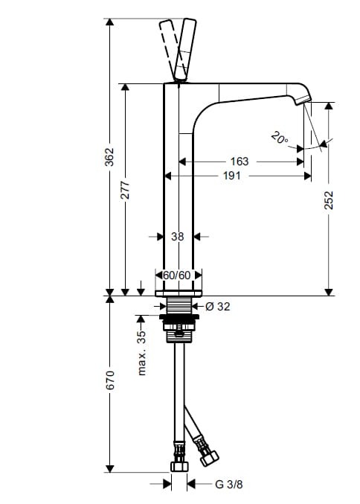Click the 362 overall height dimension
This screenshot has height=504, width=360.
click(110, 157)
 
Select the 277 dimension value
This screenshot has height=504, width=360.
click(125, 190)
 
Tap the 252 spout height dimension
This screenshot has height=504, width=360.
click(329, 200)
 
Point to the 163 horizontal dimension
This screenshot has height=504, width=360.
click(240, 162)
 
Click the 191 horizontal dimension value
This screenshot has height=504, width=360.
click(232, 176)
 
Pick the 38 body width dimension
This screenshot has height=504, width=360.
click(178, 237)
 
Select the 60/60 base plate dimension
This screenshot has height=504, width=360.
click(177, 275)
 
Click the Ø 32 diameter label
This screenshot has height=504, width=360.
click(218, 307)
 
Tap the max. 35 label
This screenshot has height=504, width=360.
click(141, 353)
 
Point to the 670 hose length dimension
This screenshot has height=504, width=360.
click(110, 380)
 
